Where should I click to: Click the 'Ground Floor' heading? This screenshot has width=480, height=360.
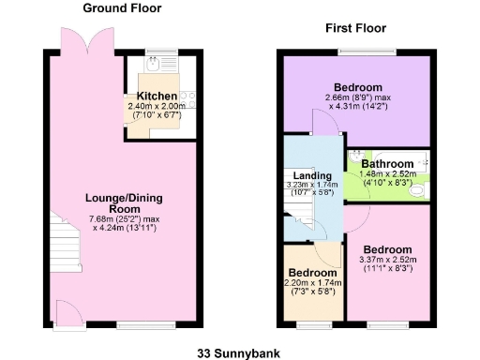coord(122,8)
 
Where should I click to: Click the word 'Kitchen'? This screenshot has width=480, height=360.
coord(157,97)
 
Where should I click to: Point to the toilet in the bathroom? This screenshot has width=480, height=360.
coord(419,189)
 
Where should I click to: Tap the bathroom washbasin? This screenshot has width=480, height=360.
coord(357,156)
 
